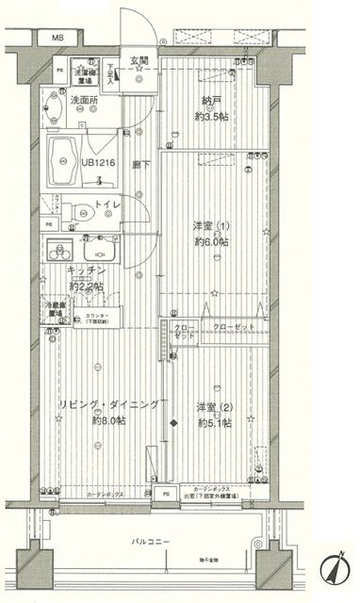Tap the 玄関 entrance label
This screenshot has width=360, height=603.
pyautogui.click(x=139, y=61)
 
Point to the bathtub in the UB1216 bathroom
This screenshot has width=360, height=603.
pyautogui.click(x=64, y=160)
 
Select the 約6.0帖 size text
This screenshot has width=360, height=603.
pyautogui.click(x=210, y=240)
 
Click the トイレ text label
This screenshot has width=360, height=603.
pyautogui.click(x=108, y=204)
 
